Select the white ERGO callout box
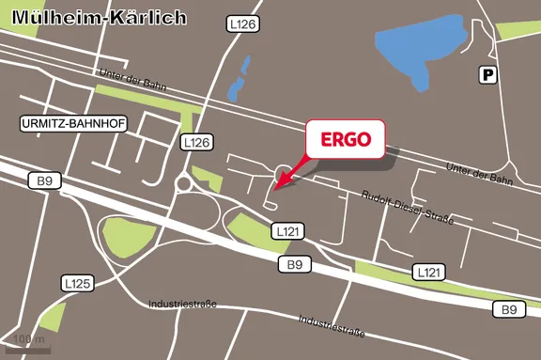(x=346, y=141)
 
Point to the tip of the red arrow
(x=276, y=181)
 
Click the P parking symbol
(x=487, y=75)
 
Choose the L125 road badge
(x=77, y=282)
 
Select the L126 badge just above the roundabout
(x=196, y=142)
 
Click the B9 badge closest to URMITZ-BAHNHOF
(x=43, y=180)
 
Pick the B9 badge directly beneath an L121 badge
(x=295, y=265)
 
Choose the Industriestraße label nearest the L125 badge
(x=183, y=304)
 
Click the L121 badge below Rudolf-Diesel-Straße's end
(x=428, y=272)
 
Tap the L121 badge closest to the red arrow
(x=287, y=230)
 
